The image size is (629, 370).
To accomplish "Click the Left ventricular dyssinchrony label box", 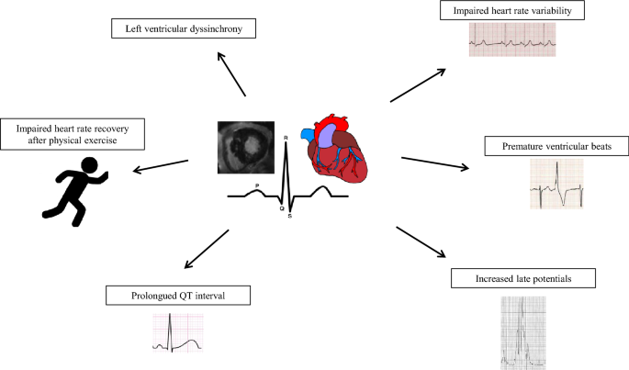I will point(183,28).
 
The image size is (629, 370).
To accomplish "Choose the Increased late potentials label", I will point(523,276).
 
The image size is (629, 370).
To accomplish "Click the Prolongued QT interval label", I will point(178,296).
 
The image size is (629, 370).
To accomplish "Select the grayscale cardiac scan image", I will point(245,148).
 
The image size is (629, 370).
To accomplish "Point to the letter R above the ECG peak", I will point(286,138).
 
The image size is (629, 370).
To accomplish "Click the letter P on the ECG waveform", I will point(256,186).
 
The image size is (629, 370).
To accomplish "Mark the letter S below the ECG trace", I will point(289,217).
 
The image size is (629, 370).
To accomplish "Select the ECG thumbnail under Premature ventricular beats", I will point(556,184).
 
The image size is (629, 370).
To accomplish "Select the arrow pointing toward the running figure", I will point(162,166).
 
